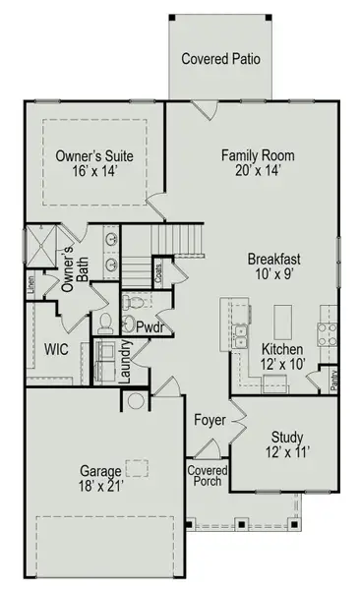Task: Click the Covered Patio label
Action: tap(221, 59)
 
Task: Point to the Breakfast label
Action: tap(273, 259)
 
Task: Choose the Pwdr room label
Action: tap(150, 326)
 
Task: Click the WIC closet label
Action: tap(56, 349)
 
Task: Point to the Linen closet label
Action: tap(31, 284)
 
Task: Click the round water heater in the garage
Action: tap(136, 400)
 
